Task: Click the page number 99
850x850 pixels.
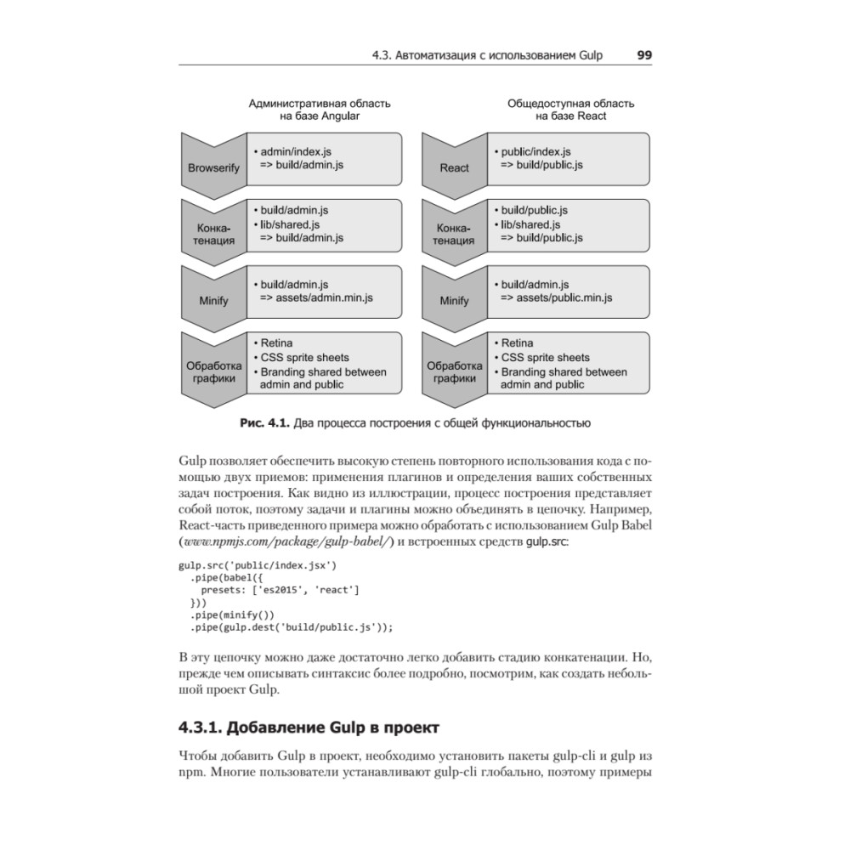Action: (644, 55)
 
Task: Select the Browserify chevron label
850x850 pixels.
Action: (213, 167)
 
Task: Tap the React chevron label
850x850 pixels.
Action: (454, 167)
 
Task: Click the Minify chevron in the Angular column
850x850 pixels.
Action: (213, 300)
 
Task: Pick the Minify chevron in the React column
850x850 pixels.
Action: (454, 300)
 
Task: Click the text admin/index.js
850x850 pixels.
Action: (296, 151)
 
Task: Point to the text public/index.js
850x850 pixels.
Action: (537, 151)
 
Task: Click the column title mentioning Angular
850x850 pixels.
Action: (320, 110)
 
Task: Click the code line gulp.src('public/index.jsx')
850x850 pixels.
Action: (258, 564)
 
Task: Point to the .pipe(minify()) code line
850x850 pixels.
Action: (232, 613)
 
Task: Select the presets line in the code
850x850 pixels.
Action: (280, 588)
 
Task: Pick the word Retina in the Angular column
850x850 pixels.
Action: (277, 343)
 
